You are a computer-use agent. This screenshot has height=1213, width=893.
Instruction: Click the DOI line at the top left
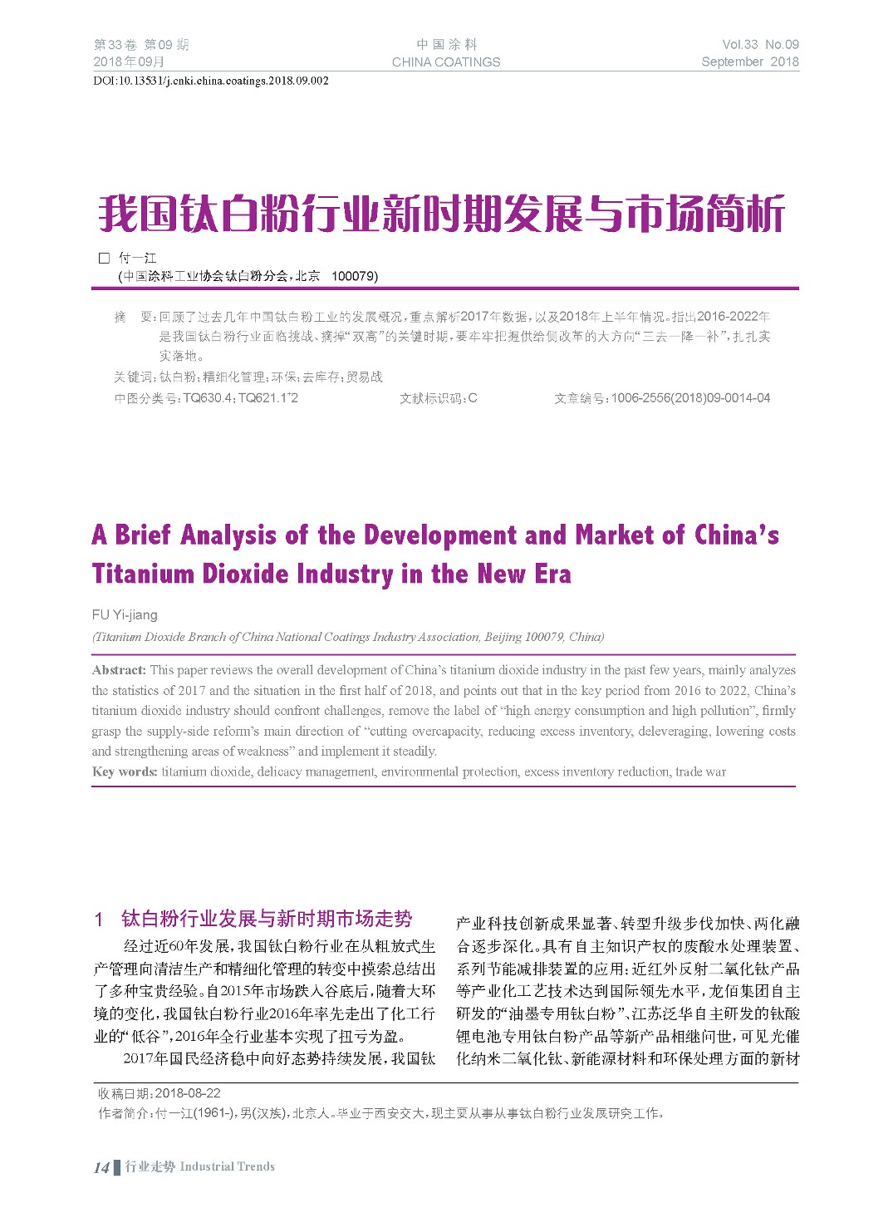pyautogui.click(x=211, y=81)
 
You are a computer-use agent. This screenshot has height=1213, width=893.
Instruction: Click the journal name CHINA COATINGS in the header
pyautogui.click(x=446, y=62)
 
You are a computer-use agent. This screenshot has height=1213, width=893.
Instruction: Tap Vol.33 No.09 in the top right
pyautogui.click(x=760, y=45)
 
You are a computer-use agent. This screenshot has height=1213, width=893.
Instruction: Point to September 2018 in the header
pyautogui.click(x=749, y=62)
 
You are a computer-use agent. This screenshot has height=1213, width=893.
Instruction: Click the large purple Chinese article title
pyautogui.click(x=441, y=214)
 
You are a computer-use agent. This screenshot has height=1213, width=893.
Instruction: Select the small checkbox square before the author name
pyautogui.click(x=105, y=259)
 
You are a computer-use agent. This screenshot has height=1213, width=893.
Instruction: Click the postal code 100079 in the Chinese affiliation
pyautogui.click(x=354, y=276)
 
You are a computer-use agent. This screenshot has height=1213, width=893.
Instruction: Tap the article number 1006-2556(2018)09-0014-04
pyautogui.click(x=690, y=398)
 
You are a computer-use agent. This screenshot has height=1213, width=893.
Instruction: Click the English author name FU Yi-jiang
pyautogui.click(x=125, y=615)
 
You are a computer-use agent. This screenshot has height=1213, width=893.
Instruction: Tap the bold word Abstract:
pyautogui.click(x=119, y=670)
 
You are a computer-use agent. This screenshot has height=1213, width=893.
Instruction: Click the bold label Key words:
pyautogui.click(x=125, y=772)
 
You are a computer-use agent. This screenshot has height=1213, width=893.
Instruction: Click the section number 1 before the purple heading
pyautogui.click(x=99, y=920)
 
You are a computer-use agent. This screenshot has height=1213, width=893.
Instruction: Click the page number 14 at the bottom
pyautogui.click(x=101, y=1167)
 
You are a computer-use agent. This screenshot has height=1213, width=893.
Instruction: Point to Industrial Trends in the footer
pyautogui.click(x=227, y=1166)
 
